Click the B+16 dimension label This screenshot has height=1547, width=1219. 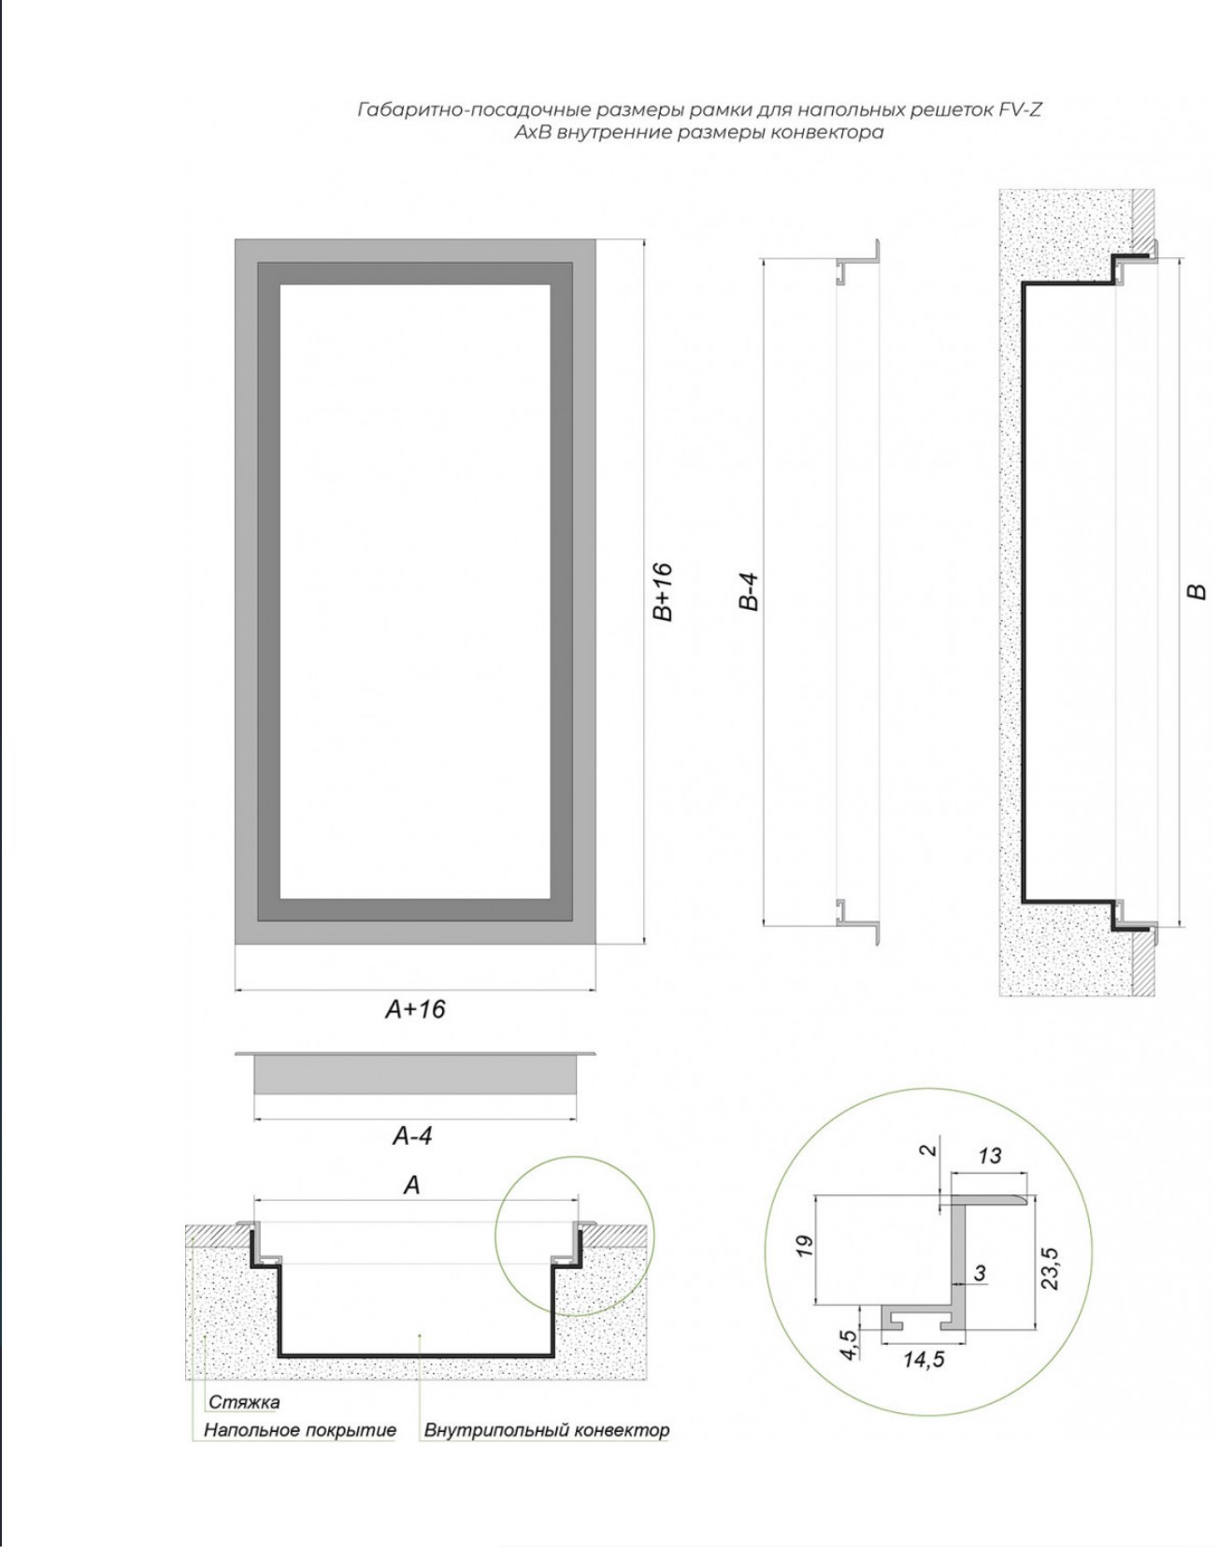[662, 591]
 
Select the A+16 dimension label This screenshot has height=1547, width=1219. [415, 1009]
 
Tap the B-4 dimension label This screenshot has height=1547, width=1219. [748, 591]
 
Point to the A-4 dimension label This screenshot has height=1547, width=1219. [411, 1136]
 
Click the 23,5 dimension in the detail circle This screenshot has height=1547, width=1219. [1050, 1267]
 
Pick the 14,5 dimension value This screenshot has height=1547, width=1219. [924, 1359]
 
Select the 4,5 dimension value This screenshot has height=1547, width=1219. [849, 1345]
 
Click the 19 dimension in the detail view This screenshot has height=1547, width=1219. [804, 1246]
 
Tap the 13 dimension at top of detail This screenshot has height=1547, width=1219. [989, 1156]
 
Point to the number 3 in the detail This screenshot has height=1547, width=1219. [980, 1273]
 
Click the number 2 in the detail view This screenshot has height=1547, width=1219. [927, 1149]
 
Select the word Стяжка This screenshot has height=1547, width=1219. [244, 1402]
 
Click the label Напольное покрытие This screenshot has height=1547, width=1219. [300, 1430]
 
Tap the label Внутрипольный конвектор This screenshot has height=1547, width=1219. [547, 1430]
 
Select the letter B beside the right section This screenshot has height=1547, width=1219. [1196, 591]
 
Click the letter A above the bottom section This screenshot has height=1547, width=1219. [411, 1185]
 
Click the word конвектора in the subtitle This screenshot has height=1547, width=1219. [826, 132]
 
